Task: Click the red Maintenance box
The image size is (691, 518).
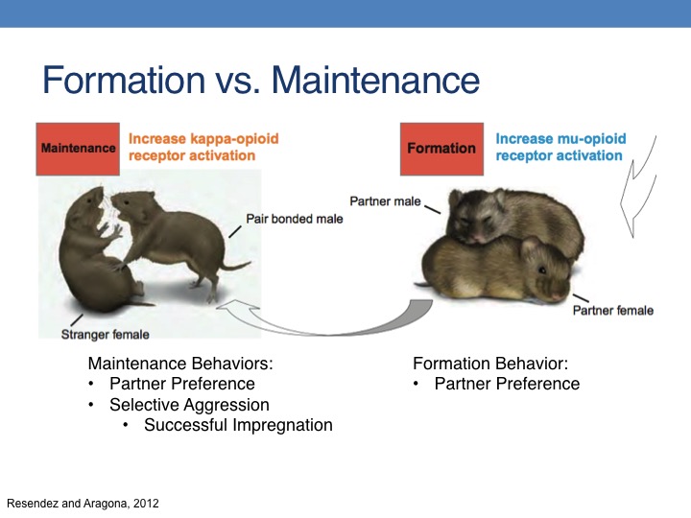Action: (x=78, y=150)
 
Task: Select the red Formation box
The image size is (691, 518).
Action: (x=441, y=150)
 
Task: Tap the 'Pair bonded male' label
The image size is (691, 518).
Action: (x=295, y=219)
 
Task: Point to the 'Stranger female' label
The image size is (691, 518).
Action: (x=105, y=335)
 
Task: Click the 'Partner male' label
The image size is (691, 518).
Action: (x=385, y=201)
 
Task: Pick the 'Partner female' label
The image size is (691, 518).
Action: (x=613, y=311)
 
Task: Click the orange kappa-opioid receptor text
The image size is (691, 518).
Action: (x=203, y=147)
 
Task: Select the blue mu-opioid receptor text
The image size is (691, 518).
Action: (x=560, y=147)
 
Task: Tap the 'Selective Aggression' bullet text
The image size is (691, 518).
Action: (x=189, y=405)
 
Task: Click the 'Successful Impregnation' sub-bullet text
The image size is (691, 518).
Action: (x=238, y=425)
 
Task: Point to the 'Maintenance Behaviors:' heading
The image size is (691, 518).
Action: (x=180, y=364)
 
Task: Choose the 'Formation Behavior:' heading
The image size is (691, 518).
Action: (x=490, y=364)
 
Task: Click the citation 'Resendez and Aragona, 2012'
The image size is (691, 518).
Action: (x=83, y=504)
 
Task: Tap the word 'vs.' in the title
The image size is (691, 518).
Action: (x=238, y=81)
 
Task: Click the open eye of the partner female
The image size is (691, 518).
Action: (x=541, y=270)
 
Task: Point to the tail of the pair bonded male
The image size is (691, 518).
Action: (x=236, y=266)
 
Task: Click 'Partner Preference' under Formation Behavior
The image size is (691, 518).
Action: (x=507, y=384)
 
